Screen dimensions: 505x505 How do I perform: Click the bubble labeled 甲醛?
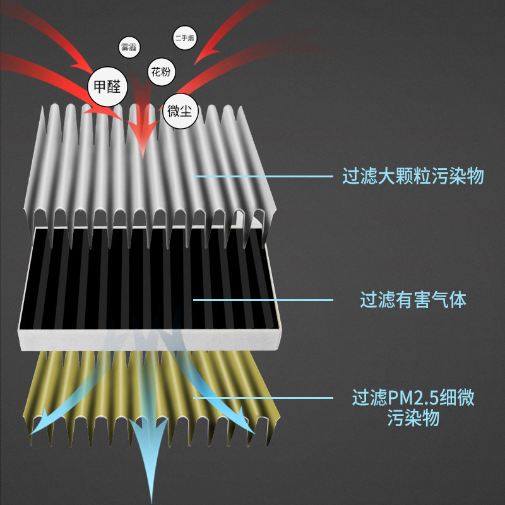point(107,86)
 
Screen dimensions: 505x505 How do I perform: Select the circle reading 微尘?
point(182,112)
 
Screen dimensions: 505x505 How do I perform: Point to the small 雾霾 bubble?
point(129,47)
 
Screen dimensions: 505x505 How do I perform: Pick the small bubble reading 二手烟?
point(184,39)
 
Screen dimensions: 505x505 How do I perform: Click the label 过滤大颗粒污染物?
point(413,175)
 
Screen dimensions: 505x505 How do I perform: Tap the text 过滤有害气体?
point(413,300)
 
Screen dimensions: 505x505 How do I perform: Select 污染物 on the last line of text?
point(413,418)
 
